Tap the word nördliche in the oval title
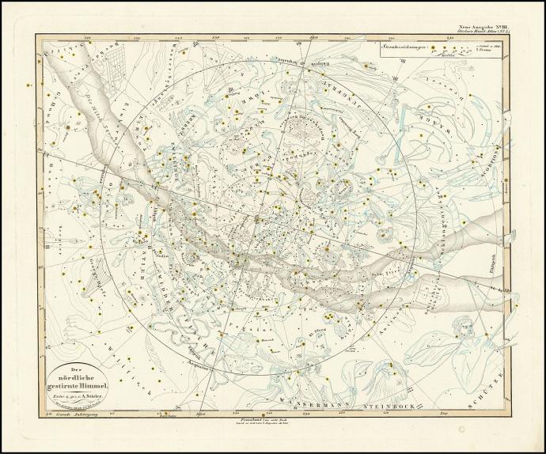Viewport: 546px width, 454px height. point(77,376)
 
